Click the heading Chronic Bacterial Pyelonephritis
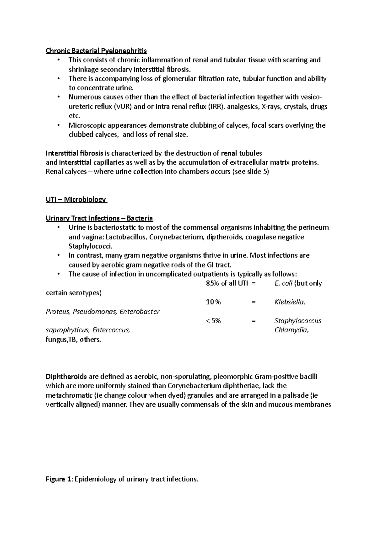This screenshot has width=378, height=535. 96,51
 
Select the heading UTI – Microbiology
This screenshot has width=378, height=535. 76,199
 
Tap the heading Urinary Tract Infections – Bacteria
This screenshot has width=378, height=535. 99,218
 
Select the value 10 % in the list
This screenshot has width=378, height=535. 213,302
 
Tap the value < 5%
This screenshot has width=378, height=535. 213,321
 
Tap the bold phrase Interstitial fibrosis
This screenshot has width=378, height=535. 74,153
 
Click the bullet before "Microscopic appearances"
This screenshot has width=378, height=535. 59,125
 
